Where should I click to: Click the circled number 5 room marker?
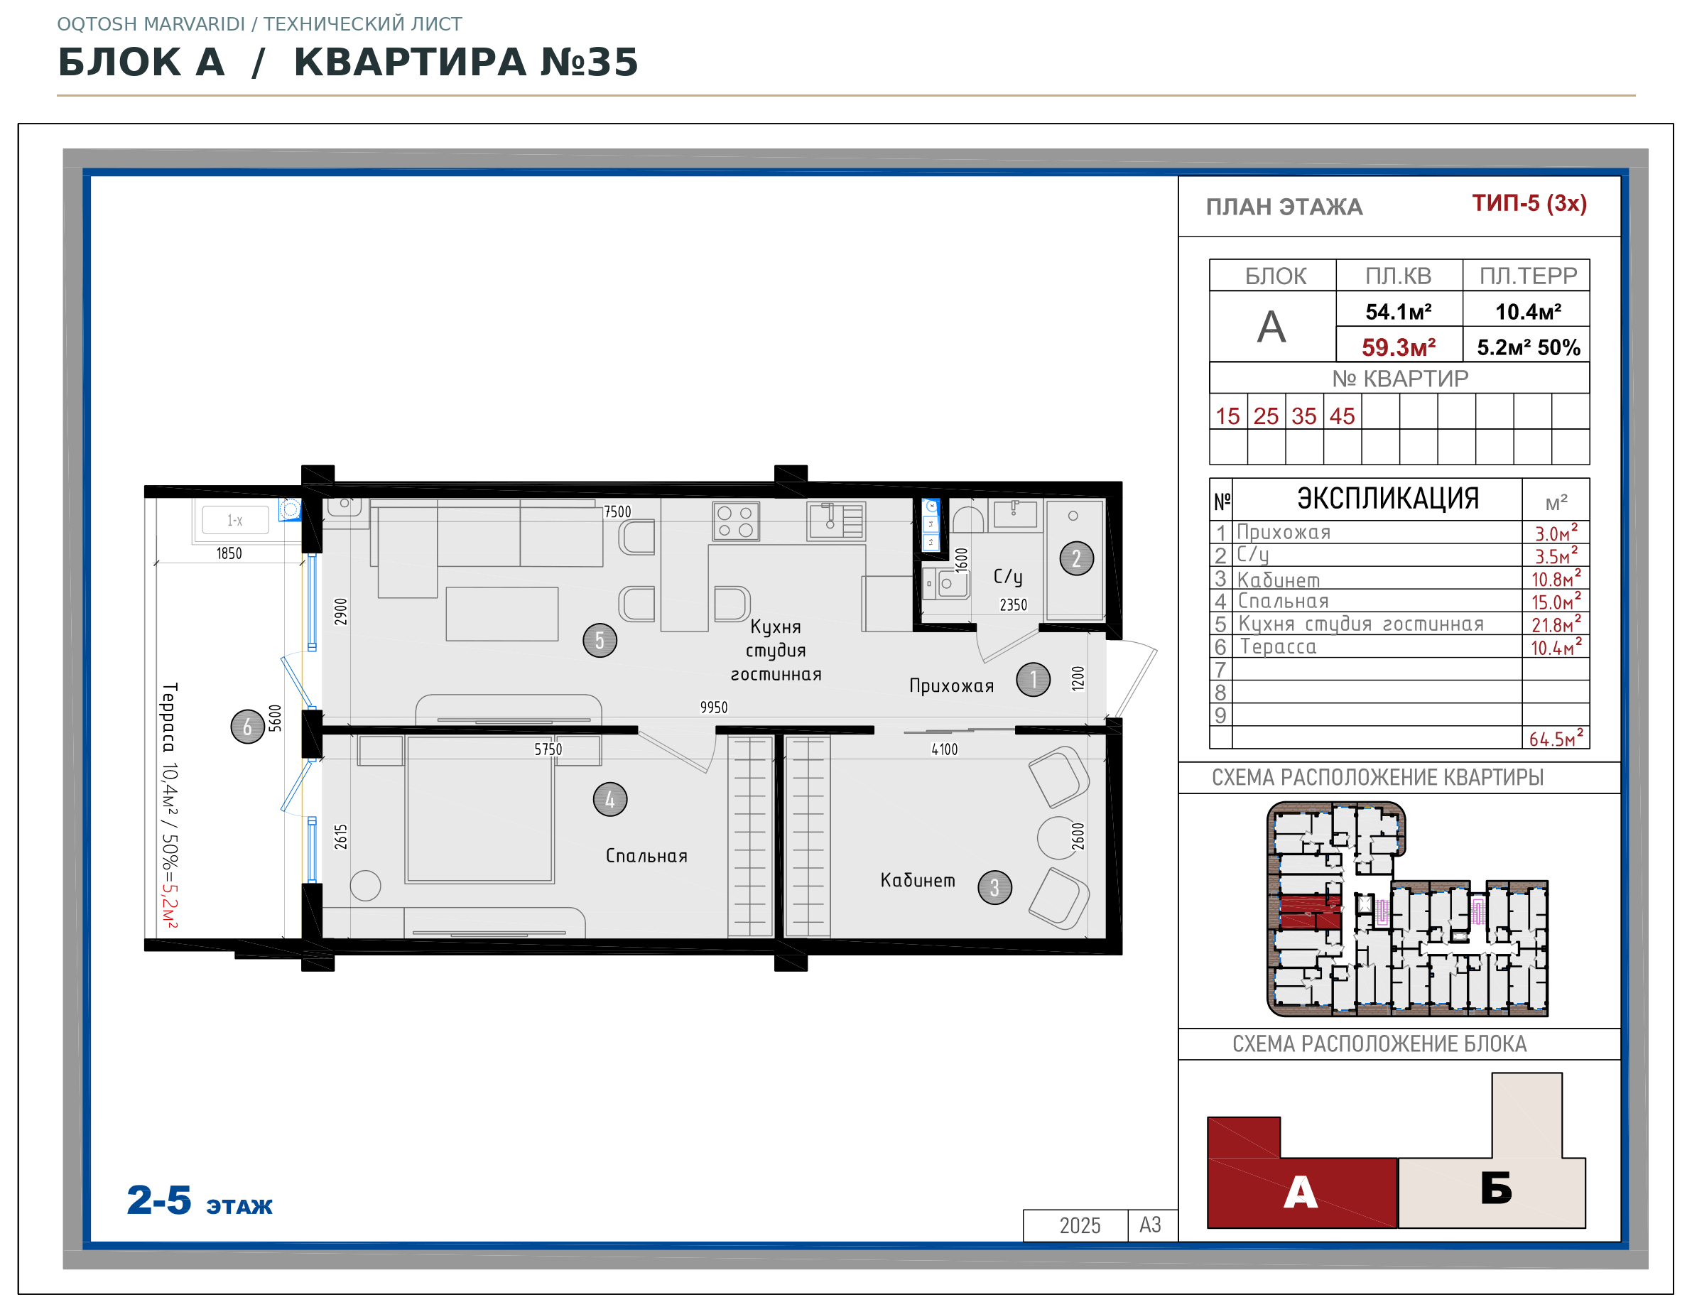point(600,641)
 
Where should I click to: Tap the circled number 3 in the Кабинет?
point(994,888)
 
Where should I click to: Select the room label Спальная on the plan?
point(647,856)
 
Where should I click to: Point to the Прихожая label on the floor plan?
point(951,685)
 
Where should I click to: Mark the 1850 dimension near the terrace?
point(229,553)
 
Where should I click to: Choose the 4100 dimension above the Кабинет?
point(945,749)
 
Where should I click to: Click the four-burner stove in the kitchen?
point(735,521)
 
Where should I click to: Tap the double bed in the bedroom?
point(479,809)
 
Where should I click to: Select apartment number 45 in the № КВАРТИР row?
point(1342,416)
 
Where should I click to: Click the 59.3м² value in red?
point(1399,347)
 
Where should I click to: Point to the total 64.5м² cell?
point(1556,737)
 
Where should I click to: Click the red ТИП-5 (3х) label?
point(1529,203)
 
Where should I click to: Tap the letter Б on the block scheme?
point(1496,1188)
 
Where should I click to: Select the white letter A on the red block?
point(1300,1193)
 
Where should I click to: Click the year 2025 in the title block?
point(1079,1225)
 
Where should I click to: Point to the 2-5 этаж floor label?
point(199,1201)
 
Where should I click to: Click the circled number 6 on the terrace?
point(248,727)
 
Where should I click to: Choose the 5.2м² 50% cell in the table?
point(1528,347)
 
